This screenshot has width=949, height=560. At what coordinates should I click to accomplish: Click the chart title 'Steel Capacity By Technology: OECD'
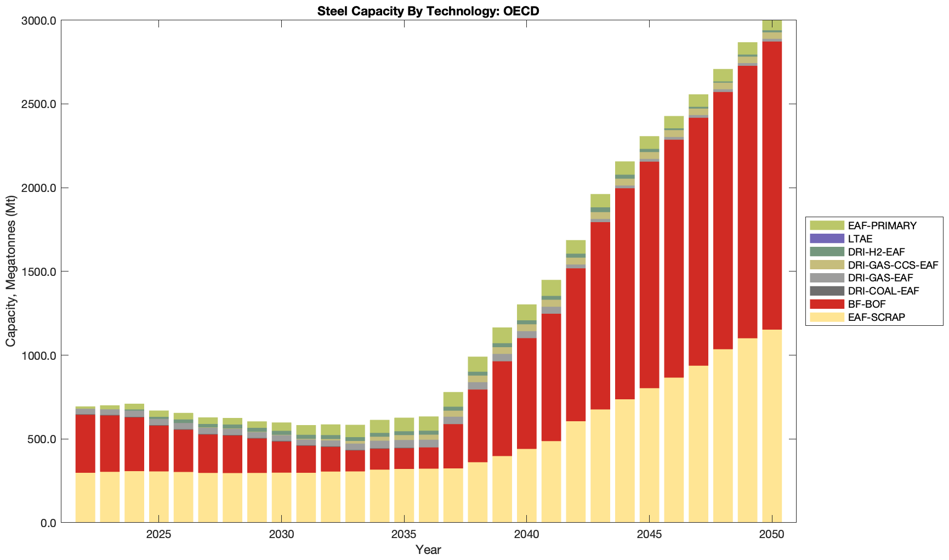[x=428, y=11]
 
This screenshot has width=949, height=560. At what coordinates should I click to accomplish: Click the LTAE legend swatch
[x=827, y=239]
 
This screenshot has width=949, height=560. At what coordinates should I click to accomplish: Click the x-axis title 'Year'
[x=428, y=550]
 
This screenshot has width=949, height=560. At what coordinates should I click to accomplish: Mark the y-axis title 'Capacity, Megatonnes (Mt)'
[x=11, y=271]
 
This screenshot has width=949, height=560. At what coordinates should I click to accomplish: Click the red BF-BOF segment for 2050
[x=772, y=186]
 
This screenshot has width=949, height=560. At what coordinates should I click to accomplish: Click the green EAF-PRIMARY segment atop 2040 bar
[x=526, y=312]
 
